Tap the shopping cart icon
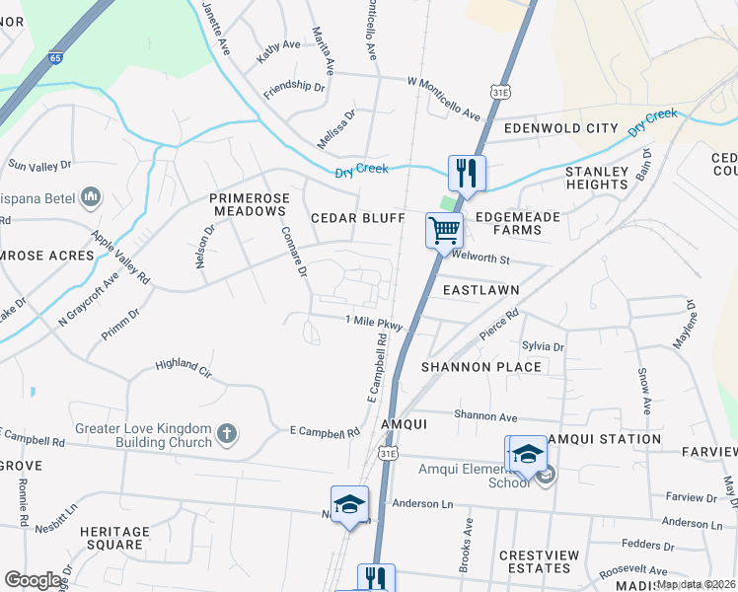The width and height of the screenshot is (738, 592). (444, 230)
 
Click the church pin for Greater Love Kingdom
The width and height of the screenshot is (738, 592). (227, 433)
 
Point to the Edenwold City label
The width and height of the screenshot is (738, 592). (560, 128)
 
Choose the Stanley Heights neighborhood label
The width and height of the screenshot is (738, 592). (597, 178)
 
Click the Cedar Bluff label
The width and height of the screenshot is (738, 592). (357, 217)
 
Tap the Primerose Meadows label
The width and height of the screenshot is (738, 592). (250, 204)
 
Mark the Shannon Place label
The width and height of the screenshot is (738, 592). (481, 367)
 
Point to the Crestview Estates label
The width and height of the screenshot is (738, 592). (539, 561)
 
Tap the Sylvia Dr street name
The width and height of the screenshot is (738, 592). (543, 347)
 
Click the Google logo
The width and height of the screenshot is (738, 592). (34, 580)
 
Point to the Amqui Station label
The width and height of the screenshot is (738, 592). (604, 439)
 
